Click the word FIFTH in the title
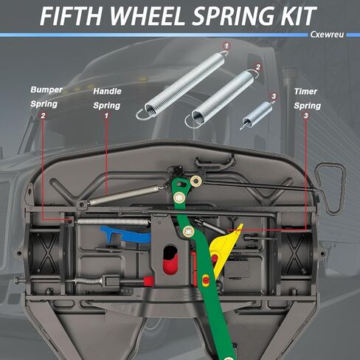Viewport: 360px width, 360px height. pyautogui.click(x=71, y=15)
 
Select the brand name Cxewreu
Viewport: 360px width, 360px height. pyautogui.click(x=327, y=35)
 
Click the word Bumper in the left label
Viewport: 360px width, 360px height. pyautogui.click(x=46, y=90)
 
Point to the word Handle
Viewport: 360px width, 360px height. pyautogui.click(x=107, y=91)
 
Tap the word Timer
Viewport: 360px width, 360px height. pyautogui.click(x=305, y=91)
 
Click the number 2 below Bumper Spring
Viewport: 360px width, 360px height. pyautogui.click(x=43, y=115)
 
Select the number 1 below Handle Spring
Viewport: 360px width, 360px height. pyautogui.click(x=106, y=115)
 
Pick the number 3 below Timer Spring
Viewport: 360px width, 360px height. pyautogui.click(x=306, y=115)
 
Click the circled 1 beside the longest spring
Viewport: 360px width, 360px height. pyautogui.click(x=226, y=46)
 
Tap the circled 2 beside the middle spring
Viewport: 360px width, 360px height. pyautogui.click(x=258, y=67)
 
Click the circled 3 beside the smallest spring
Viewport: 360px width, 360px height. pyautogui.click(x=274, y=96)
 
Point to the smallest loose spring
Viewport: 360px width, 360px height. pyautogui.click(x=257, y=114)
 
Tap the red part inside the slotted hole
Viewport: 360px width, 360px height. pyautogui.click(x=170, y=263)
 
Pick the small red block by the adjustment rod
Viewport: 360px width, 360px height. pyautogui.click(x=148, y=281)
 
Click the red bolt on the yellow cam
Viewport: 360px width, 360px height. pyautogui.click(x=215, y=258)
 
